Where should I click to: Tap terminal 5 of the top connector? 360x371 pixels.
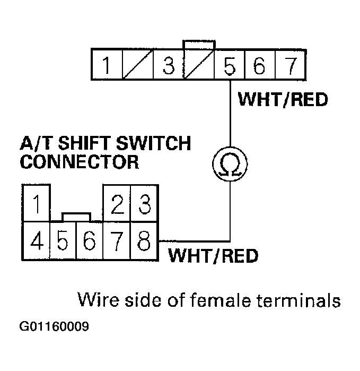[230, 66]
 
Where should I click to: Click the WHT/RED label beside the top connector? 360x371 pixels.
[283, 99]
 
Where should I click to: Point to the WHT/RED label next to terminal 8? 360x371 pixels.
[213, 256]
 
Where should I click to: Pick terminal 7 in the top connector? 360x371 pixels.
[290, 66]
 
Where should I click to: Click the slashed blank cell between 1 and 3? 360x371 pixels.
[138, 66]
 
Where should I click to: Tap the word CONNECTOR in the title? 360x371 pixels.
[79, 161]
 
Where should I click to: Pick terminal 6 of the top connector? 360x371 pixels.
[260, 66]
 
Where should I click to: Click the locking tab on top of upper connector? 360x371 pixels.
[198, 44]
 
